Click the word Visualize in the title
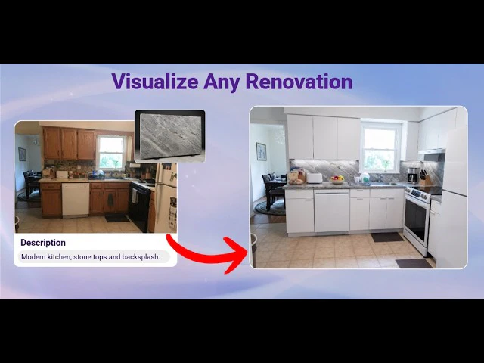tap(154, 82)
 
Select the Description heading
tap(43, 243)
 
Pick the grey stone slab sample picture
tap(169, 136)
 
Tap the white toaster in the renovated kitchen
tap(315, 178)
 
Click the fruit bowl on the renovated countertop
tap(337, 180)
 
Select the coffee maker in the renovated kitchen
tap(413, 175)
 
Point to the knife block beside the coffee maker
tap(424, 178)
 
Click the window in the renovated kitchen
tap(381, 148)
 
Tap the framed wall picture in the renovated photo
tap(261, 151)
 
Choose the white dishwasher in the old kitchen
tap(76, 200)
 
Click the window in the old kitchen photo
tap(111, 153)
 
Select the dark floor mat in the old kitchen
tap(117, 219)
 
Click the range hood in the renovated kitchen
tap(432, 154)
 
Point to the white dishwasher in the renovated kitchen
tap(331, 212)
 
